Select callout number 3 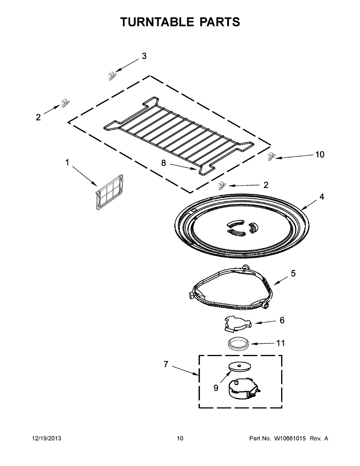[144, 56]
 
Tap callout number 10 [320, 155]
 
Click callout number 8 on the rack [163, 163]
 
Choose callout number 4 [322, 197]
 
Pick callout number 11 [280, 343]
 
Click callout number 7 [166, 364]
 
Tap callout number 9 [216, 388]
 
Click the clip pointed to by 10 [271, 157]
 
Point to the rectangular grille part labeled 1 [111, 193]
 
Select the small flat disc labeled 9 [240, 365]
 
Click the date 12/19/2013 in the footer [46, 438]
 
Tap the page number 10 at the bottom [180, 438]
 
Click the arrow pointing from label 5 [280, 280]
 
